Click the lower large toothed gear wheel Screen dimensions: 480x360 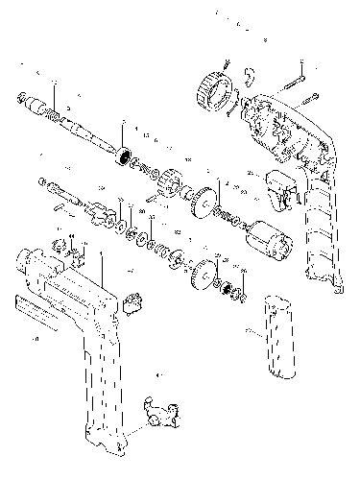pyautogui.click(x=203, y=275)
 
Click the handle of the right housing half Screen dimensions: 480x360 pyautogui.click(x=322, y=230)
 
